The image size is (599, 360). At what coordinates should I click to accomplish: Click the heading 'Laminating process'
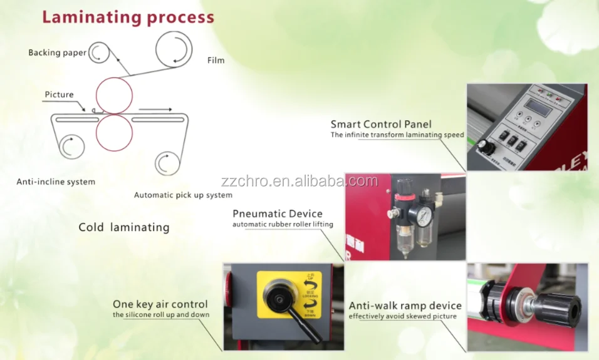pyautogui.click(x=128, y=17)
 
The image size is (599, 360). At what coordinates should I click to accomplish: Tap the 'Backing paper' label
pyautogui.click(x=57, y=53)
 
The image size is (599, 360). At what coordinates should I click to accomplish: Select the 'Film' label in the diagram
pyautogui.click(x=216, y=60)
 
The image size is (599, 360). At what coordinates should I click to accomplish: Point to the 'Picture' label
pyautogui.click(x=59, y=95)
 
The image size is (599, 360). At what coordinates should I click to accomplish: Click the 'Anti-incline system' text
pyautogui.click(x=56, y=182)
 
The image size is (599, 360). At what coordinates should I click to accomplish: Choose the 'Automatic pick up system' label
pyautogui.click(x=183, y=195)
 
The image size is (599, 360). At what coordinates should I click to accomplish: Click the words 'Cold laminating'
pyautogui.click(x=123, y=227)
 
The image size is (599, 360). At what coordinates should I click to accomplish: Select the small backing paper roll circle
pyautogui.click(x=98, y=53)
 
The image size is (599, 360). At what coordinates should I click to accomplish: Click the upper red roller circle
pyautogui.click(x=114, y=96)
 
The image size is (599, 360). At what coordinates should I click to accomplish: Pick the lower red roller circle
pyautogui.click(x=114, y=133)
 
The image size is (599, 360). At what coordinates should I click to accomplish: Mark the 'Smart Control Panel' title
pyautogui.click(x=381, y=124)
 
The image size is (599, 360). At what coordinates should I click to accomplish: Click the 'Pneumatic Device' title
pyautogui.click(x=278, y=214)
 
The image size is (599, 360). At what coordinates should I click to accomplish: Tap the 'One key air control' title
pyautogui.click(x=160, y=304)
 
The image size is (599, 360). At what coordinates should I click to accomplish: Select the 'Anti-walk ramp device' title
pyautogui.click(x=405, y=306)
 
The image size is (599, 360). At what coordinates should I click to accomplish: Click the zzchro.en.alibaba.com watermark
pyautogui.click(x=299, y=182)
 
